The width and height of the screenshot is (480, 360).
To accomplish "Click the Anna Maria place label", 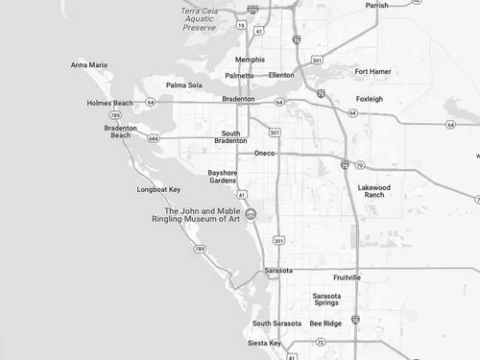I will [x=89, y=65].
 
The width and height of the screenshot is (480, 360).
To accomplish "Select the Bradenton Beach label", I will [x=121, y=132].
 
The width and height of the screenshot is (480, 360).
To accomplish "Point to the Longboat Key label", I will [x=158, y=189].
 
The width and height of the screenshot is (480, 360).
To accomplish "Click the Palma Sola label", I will [x=184, y=84].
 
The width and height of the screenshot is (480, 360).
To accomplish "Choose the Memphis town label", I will [x=250, y=60].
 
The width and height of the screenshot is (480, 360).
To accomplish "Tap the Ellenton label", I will [x=282, y=75].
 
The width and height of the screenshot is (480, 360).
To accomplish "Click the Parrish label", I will [x=376, y=5].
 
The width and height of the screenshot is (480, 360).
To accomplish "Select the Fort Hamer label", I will [x=374, y=71].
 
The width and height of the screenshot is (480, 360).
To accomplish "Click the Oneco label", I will [x=265, y=154].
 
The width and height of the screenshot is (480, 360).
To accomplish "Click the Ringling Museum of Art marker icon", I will [x=251, y=214].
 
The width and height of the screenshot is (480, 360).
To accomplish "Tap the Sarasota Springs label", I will [x=326, y=300].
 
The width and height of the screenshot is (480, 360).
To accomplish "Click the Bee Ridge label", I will [x=325, y=324].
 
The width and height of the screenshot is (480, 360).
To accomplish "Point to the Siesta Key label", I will [x=264, y=343].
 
